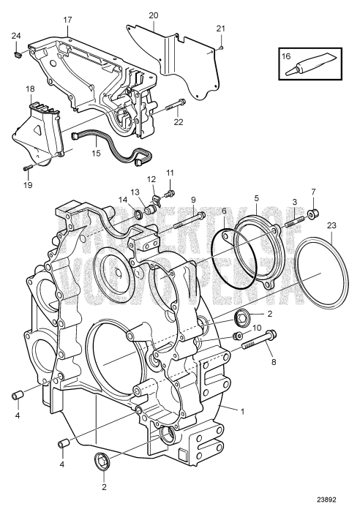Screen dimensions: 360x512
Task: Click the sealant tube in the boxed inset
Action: pos(311,66)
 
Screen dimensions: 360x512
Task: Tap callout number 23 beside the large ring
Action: pos(331,225)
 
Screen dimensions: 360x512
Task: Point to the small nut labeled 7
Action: pos(314,214)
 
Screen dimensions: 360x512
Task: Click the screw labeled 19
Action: pos(27,168)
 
